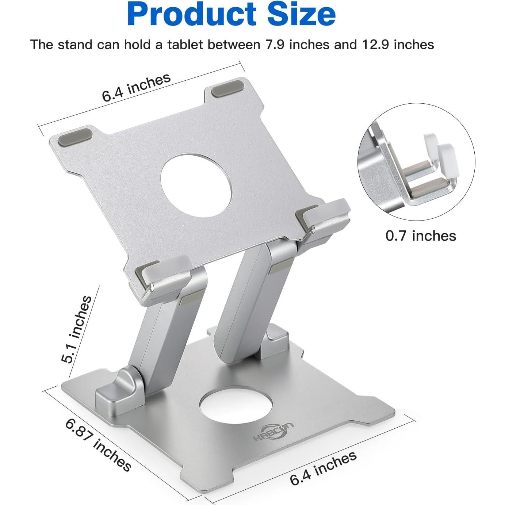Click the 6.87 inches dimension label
[98, 445]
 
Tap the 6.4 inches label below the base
[323, 468]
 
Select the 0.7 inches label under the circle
[421, 236]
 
